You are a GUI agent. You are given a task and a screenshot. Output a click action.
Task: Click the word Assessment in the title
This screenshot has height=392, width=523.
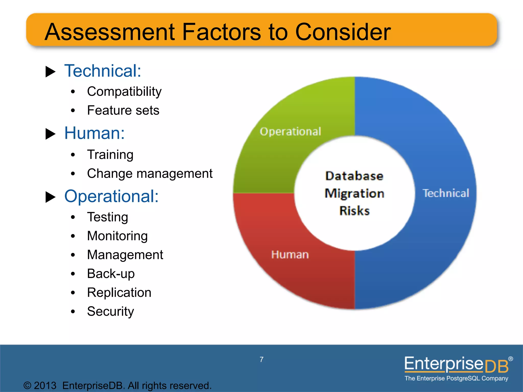click(x=110, y=32)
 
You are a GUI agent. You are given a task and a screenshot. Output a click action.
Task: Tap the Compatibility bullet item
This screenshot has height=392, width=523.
click(x=124, y=92)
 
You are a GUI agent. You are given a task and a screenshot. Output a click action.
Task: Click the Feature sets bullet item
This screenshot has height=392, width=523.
click(x=123, y=111)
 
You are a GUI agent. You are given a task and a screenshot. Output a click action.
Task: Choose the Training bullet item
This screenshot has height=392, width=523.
click(x=110, y=155)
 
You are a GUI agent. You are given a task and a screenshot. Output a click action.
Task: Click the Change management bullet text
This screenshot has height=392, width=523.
click(x=150, y=174)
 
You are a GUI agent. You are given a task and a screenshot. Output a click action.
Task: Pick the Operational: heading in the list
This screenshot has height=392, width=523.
click(x=111, y=196)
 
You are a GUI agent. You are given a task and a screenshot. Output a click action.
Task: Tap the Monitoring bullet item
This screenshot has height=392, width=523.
click(x=117, y=236)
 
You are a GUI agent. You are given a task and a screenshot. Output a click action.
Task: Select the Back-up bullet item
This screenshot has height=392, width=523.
click(x=111, y=274)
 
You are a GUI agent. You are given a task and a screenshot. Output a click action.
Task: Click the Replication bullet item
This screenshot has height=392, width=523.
click(x=119, y=293)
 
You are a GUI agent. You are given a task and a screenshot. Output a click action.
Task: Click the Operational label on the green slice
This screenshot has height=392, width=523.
click(x=290, y=132)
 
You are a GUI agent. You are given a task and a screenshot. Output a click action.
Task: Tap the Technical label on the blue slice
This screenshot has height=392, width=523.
click(x=446, y=193)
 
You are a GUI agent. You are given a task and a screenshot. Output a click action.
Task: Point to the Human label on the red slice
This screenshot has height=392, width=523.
click(x=290, y=255)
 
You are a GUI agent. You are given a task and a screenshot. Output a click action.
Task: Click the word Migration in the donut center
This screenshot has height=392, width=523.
click(x=354, y=193)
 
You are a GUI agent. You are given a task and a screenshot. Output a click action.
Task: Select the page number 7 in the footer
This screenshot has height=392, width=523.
click(x=261, y=360)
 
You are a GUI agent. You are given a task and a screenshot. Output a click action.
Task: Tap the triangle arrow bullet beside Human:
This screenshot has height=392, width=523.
click(x=50, y=134)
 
